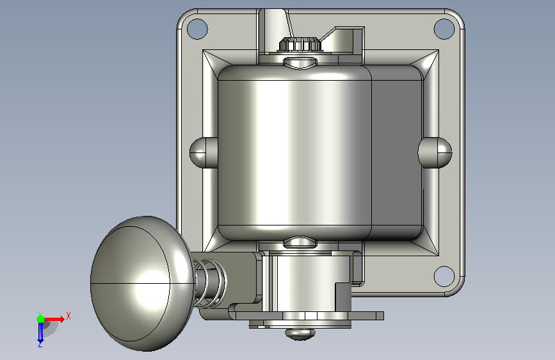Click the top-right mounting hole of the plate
[x=444, y=29]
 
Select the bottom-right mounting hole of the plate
[x=444, y=276]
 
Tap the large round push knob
[x=141, y=284]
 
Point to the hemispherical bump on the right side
[x=435, y=152]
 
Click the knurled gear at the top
[x=300, y=44]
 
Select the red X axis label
[x=68, y=316]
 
